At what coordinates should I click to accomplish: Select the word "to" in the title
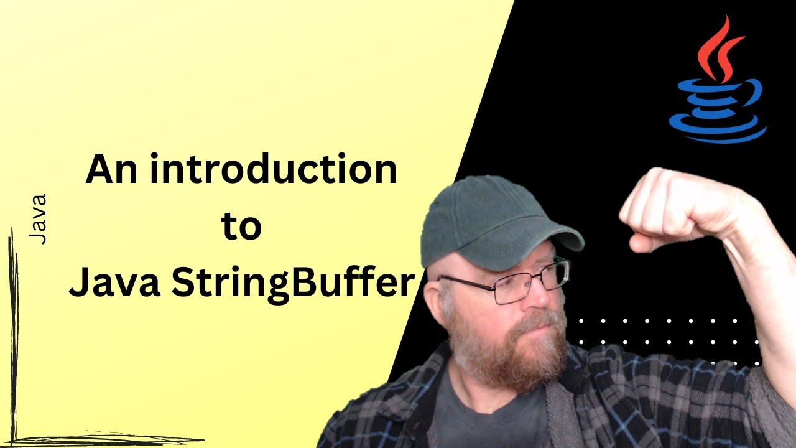pyautogui.click(x=242, y=228)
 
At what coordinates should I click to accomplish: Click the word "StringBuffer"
pyautogui.click(x=293, y=284)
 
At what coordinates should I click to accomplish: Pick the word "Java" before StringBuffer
pyautogui.click(x=116, y=284)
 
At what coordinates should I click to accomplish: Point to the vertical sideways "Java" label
pyautogui.click(x=38, y=219)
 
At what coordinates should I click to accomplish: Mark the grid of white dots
pyautogui.click(x=665, y=336)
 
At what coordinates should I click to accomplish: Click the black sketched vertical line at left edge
pyautogui.click(x=12, y=336)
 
